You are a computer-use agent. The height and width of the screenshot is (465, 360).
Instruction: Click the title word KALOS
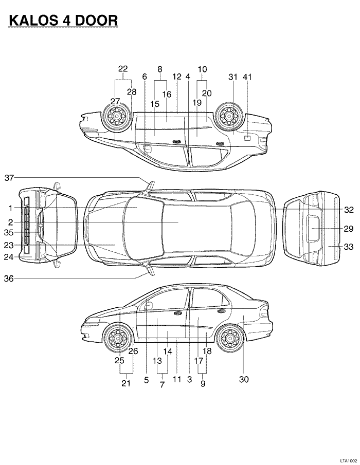pyautogui.click(x=35, y=20)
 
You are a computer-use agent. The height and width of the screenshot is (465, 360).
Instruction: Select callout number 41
pyautogui.click(x=247, y=77)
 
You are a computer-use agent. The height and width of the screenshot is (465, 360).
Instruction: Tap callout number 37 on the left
pyautogui.click(x=9, y=178)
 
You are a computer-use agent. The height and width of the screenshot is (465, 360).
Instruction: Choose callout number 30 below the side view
pyautogui.click(x=244, y=380)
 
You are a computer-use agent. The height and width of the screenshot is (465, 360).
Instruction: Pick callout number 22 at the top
pyautogui.click(x=123, y=68)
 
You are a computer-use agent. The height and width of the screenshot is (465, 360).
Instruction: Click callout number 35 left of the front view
pyautogui.click(x=9, y=232)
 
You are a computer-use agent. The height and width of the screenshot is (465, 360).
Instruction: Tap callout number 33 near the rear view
pyautogui.click(x=349, y=247)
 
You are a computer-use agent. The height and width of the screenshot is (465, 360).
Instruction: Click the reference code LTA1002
pyautogui.click(x=348, y=461)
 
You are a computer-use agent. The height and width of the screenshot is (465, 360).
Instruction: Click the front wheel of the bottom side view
pyautogui.click(x=118, y=339)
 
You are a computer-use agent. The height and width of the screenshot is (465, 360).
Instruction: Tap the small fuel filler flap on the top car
pyautogui.click(x=247, y=138)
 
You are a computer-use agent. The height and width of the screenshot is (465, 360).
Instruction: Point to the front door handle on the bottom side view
pyautogui.click(x=177, y=313)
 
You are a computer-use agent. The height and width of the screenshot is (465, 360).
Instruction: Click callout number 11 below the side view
pyautogui.click(x=177, y=380)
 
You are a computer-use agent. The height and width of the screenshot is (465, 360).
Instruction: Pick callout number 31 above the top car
pyautogui.click(x=232, y=77)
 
